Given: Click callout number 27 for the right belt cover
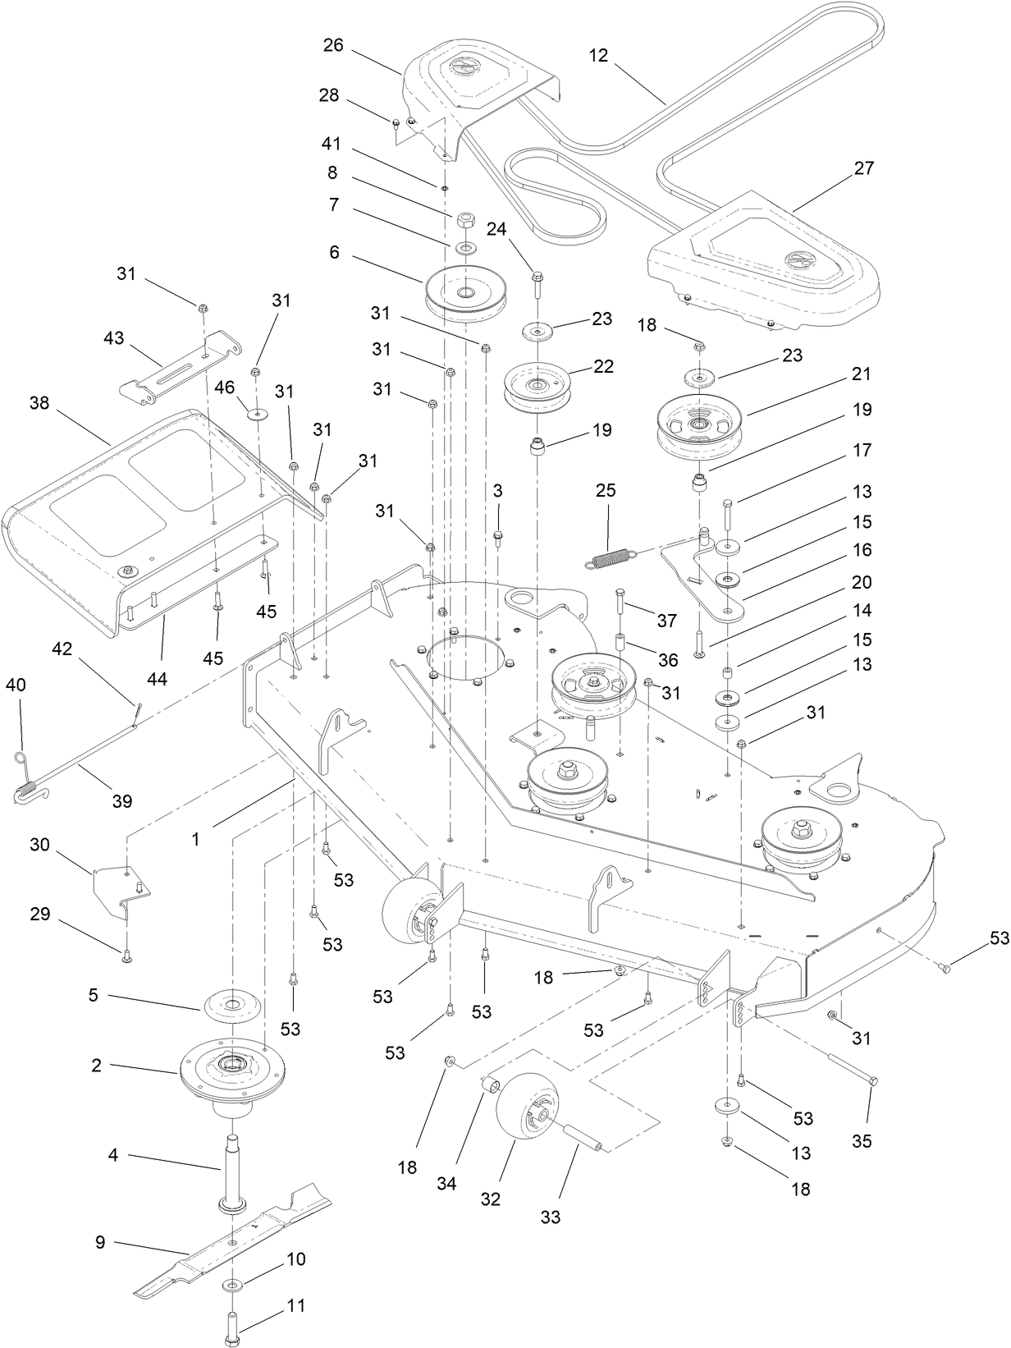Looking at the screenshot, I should tap(863, 168).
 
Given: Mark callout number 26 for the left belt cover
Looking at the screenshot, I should tap(332, 44).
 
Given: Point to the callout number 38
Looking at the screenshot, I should tap(40, 403).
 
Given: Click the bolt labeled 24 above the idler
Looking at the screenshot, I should tap(537, 284).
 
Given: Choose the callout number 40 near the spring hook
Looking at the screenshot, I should tap(16, 685).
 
